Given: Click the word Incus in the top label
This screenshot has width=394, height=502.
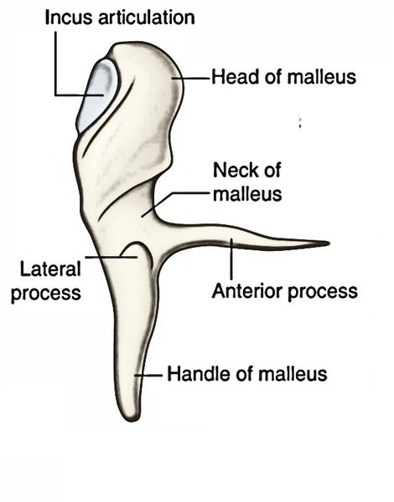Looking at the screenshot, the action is point(69,18).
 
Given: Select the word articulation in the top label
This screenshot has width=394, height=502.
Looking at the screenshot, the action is point(147,18).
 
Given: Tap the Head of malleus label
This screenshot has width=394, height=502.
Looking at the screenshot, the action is point(283,77).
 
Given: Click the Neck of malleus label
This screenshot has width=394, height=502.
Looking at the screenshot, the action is point(247,182).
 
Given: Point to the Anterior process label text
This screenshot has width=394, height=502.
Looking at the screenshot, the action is point(285,292).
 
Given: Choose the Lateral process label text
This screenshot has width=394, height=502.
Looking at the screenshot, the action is point(46,281).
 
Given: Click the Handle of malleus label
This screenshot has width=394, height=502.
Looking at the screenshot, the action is point(247,374).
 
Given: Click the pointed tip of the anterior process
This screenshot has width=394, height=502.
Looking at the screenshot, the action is point(329,243).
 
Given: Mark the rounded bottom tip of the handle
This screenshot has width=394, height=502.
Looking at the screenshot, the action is point(131,419).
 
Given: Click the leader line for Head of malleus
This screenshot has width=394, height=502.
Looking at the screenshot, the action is point(191,78).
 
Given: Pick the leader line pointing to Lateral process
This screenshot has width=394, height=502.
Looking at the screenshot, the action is point(111,257).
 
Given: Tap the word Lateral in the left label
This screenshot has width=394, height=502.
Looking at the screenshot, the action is point(50,269).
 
